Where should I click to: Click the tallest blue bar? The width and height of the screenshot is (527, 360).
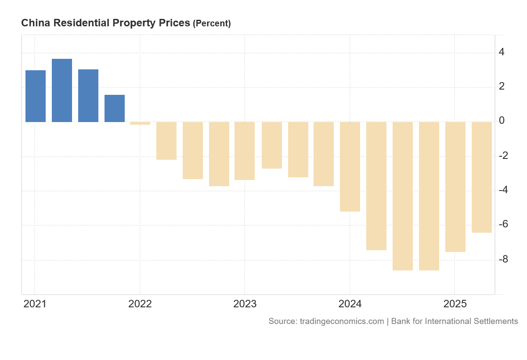point(62,90)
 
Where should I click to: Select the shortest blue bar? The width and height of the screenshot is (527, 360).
point(115,108)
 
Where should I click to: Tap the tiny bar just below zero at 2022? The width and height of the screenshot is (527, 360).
point(140,123)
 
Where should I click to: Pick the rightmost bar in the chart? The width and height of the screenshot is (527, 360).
point(482,177)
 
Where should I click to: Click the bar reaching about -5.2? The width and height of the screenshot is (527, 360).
point(350,166)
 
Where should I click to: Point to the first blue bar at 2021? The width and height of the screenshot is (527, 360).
point(36,96)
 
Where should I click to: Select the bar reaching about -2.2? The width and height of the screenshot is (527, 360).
point(166,140)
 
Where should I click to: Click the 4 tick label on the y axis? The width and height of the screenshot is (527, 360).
point(502,52)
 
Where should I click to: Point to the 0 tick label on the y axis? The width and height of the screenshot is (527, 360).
point(502,121)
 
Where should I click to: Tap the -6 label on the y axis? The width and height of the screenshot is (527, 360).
point(503,224)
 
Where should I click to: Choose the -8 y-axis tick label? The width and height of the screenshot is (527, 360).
point(503,259)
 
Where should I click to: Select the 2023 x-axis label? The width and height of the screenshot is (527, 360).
point(245,304)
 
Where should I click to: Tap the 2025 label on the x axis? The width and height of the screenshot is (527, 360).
point(455,304)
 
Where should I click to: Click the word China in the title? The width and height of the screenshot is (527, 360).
point(35,23)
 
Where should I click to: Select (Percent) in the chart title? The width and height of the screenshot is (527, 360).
point(212,24)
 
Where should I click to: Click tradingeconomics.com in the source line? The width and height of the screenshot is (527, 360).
point(342,321)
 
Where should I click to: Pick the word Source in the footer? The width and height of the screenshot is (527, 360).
point(282,321)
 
